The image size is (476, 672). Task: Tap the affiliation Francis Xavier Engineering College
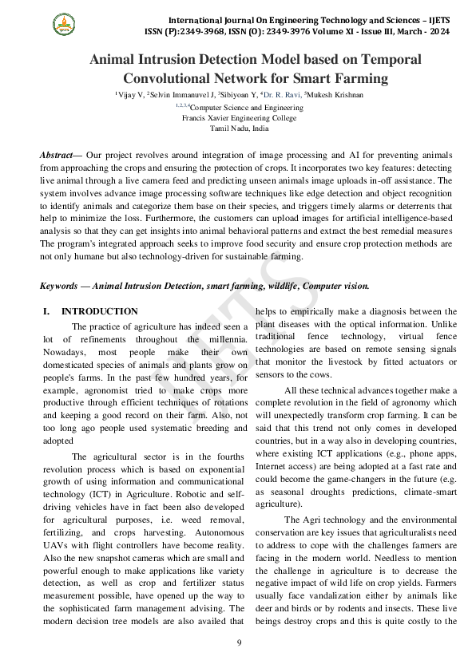[x=239, y=117]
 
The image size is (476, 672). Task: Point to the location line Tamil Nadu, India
[x=239, y=128]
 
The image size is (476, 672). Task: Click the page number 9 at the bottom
[x=238, y=642]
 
